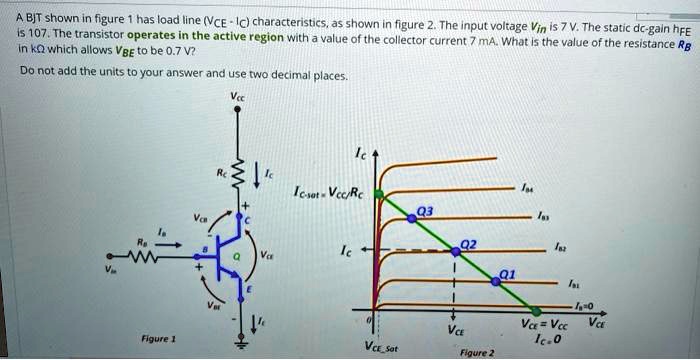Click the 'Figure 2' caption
(x=475, y=352)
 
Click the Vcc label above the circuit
(x=236, y=98)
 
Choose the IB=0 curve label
(x=586, y=306)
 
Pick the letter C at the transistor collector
(x=246, y=219)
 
